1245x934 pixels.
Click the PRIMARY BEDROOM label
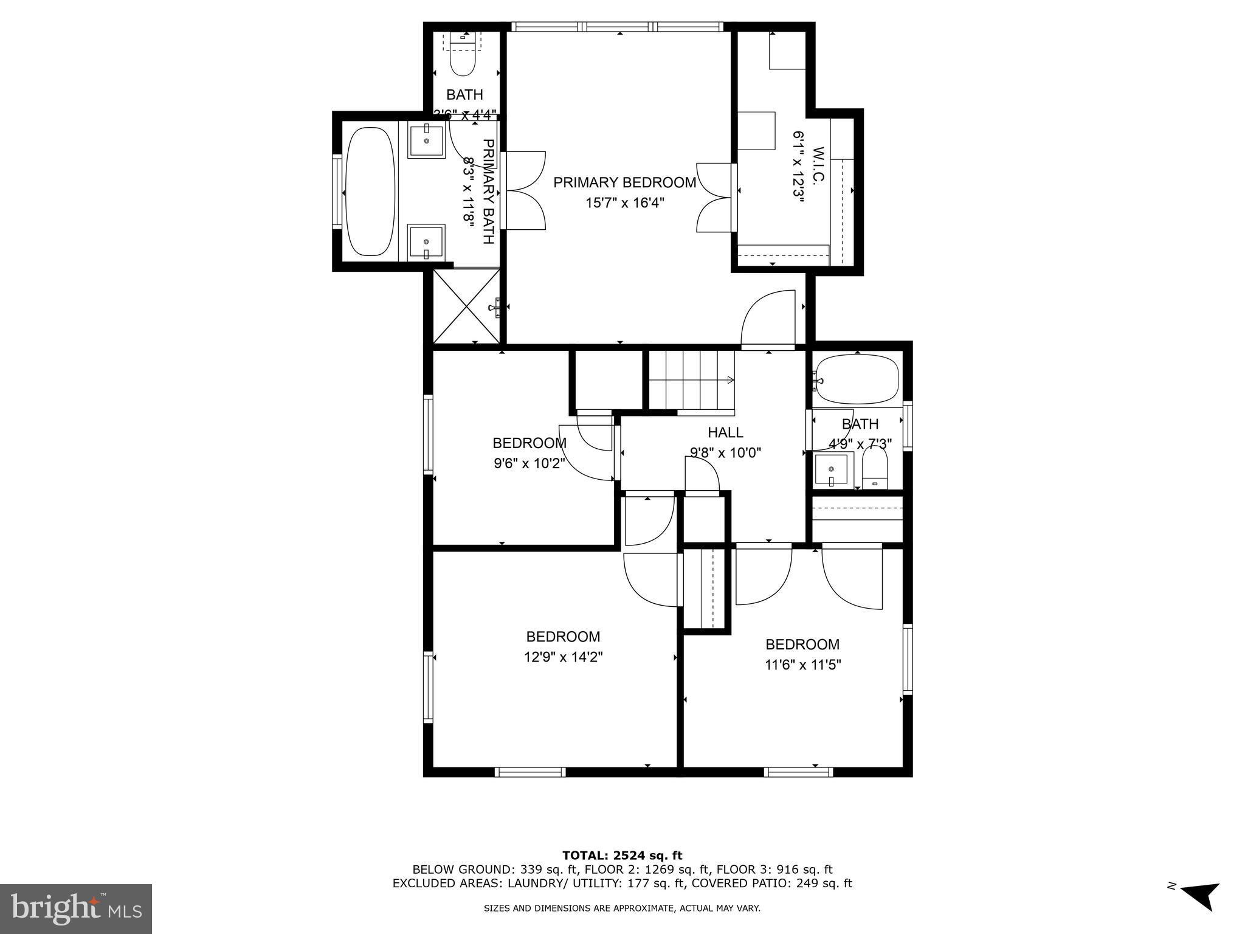(x=624, y=182)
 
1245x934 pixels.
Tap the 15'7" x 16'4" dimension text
(x=624, y=202)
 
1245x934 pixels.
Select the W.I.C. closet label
(x=818, y=165)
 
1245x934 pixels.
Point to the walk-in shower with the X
(x=466, y=307)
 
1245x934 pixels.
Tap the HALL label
(x=725, y=432)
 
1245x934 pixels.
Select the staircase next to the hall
(x=692, y=381)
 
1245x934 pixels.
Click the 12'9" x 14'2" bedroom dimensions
(x=563, y=657)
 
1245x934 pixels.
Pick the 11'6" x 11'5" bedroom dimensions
(x=802, y=665)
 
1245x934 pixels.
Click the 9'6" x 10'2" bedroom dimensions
(x=529, y=463)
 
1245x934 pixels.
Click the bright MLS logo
(x=75, y=908)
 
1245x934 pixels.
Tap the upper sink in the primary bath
(x=426, y=140)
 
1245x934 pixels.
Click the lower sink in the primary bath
(x=426, y=241)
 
